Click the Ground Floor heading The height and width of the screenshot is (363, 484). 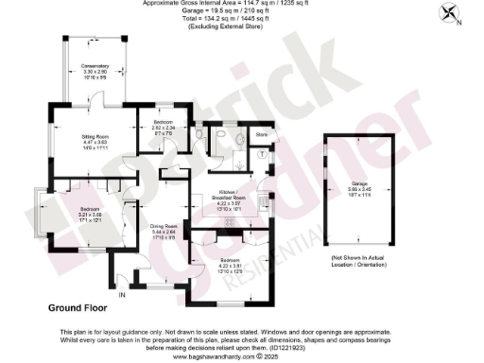[x=80, y=308]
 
